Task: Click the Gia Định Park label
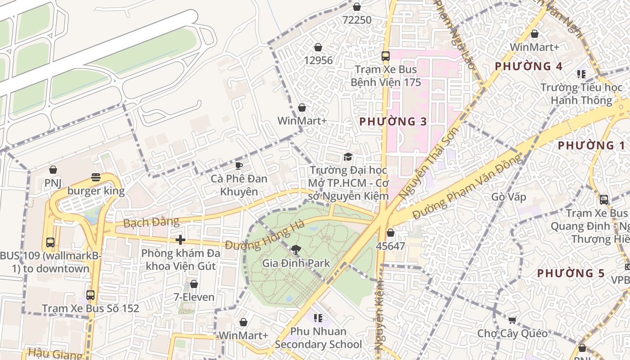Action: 296,263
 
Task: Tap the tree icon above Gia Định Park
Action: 296,249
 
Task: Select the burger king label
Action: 96,191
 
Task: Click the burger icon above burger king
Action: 95,177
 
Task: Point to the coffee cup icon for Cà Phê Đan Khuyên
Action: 239,165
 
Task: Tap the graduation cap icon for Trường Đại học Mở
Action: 348,157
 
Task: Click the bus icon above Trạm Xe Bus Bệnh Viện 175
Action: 386,56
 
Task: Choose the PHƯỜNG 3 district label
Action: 393,121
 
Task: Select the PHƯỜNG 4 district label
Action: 528,67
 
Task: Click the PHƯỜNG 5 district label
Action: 571,273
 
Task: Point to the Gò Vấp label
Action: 508,197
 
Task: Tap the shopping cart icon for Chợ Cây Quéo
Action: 512,320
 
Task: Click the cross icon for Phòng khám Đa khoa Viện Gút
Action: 180,240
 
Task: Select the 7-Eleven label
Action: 194,297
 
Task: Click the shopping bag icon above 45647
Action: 391,233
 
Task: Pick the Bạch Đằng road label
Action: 144,222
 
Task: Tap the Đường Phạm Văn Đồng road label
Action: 468,186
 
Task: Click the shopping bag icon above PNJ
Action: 53,170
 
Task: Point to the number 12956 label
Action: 318,60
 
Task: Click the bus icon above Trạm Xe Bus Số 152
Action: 90,295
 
